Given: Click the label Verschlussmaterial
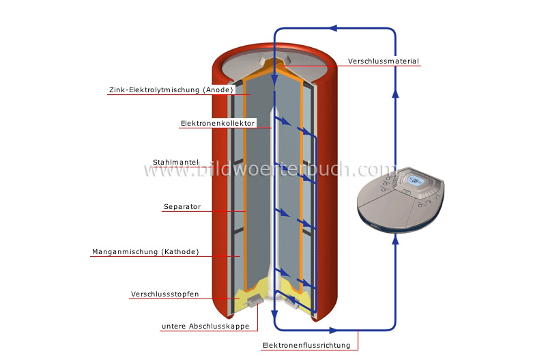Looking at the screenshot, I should pyautogui.click(x=383, y=61).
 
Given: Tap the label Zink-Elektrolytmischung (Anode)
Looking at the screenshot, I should pyautogui.click(x=171, y=89).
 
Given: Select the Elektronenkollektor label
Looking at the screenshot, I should pyautogui.click(x=218, y=124).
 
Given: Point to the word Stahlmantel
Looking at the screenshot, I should pyautogui.click(x=175, y=162).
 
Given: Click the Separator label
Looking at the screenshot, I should pyautogui.click(x=182, y=206).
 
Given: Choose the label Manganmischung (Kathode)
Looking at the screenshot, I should pyautogui.click(x=145, y=251).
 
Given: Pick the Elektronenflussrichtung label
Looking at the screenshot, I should pyautogui.click(x=306, y=346).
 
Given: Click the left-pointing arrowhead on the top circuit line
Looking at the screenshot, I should pyautogui.click(x=332, y=29).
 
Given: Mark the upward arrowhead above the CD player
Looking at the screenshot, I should pyautogui.click(x=395, y=94).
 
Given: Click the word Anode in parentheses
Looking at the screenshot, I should pyautogui.click(x=219, y=89).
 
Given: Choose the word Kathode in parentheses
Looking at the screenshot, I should pyautogui.click(x=180, y=251).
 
